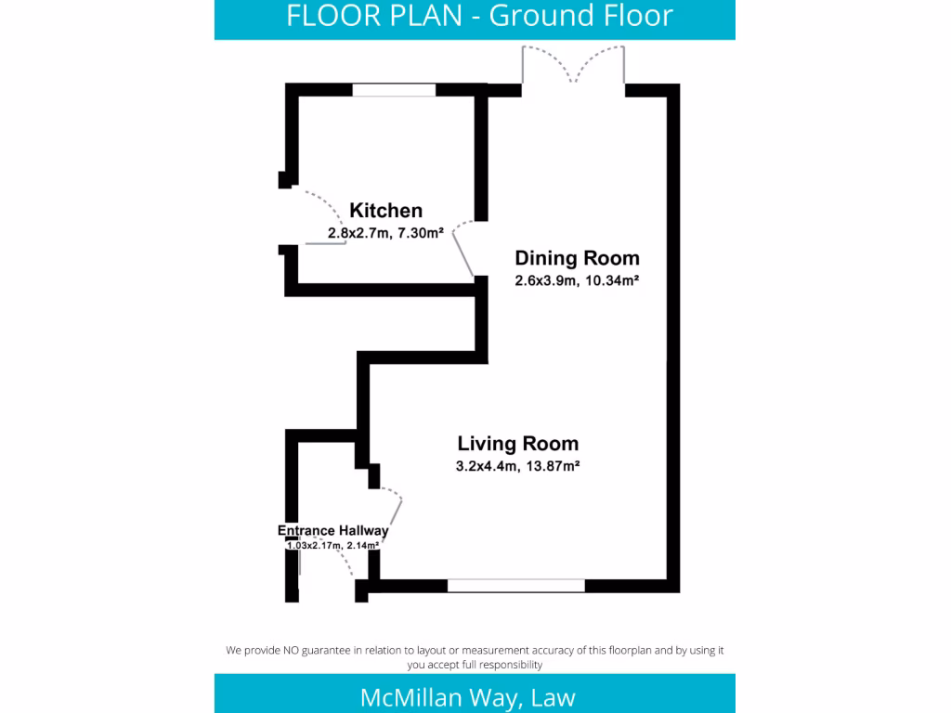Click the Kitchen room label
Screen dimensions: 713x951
coord(385,211)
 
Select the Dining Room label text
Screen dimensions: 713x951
coord(577,258)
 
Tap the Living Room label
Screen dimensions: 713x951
coord(517,444)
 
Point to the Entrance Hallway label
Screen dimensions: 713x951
coord(332,531)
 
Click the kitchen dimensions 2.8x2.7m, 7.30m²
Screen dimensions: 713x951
coord(384,234)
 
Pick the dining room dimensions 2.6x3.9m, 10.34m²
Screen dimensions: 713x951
coord(577,280)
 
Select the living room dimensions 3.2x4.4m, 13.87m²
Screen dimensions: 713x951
coord(517,467)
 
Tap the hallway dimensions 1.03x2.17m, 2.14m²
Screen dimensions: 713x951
coord(332,546)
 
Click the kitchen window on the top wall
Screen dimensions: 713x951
coord(394,90)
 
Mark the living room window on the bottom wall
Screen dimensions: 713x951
coord(515,586)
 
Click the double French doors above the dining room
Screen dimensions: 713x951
coord(573,65)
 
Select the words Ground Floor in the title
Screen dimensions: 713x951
coord(580,16)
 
